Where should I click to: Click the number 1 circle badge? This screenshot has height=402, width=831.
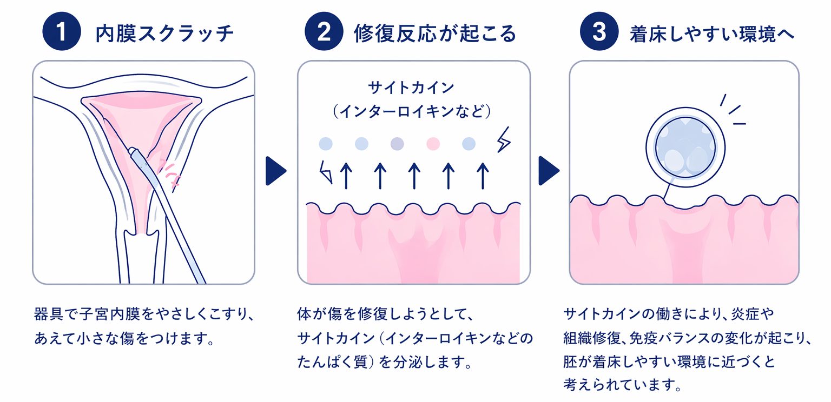[x=61, y=32]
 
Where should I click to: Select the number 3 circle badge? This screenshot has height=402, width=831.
[x=599, y=32]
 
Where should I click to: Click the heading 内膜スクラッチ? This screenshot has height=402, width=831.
[x=164, y=33]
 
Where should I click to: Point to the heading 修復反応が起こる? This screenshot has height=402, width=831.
[x=435, y=33]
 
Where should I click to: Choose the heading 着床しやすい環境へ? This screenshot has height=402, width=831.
[x=712, y=33]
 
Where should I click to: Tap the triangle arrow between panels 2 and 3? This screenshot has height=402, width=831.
[x=548, y=171]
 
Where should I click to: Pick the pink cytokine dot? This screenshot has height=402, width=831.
[x=433, y=144]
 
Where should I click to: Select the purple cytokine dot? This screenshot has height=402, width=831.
[x=397, y=144]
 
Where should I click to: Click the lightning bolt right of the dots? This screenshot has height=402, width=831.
[x=504, y=140]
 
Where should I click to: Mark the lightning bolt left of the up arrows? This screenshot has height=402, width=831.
[x=326, y=172]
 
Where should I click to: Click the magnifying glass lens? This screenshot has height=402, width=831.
[x=685, y=147]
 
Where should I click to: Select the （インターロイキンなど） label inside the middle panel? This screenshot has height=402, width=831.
[x=412, y=112]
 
